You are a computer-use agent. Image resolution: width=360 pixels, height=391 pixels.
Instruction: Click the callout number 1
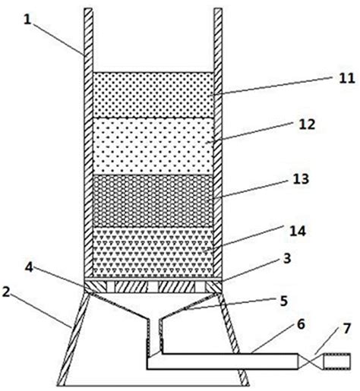27,20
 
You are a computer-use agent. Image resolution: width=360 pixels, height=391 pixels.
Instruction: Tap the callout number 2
6,292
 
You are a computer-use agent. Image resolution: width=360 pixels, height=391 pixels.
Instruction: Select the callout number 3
287,258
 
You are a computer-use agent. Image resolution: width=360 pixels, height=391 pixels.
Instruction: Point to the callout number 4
29,267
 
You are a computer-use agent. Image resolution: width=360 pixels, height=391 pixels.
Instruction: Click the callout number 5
284,301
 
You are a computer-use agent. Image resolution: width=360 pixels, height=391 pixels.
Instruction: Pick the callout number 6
301,325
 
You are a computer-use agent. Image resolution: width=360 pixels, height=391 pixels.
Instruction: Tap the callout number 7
346,329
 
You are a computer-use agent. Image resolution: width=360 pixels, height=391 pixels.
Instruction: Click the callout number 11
347,78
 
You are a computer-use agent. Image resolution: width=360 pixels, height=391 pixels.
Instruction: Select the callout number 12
307,125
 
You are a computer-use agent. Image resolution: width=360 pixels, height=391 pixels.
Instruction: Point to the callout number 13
301,179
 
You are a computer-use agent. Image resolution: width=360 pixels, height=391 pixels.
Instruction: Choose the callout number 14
298,231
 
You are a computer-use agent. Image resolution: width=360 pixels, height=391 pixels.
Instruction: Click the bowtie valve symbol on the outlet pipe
311,361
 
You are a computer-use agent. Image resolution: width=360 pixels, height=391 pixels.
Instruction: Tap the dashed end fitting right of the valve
337,361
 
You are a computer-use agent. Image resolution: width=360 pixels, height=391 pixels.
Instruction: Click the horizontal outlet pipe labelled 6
223,361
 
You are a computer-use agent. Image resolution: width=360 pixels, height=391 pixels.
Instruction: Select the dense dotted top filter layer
153,95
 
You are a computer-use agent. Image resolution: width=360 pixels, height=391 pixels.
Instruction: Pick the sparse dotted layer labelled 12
153,147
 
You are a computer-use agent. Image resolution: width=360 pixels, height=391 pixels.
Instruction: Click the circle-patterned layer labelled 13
153,200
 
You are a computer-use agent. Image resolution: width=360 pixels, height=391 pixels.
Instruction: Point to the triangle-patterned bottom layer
153,251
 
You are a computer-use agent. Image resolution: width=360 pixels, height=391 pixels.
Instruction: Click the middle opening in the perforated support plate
153,287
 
